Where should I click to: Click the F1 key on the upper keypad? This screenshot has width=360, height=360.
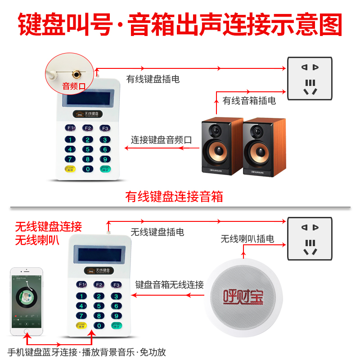[x=71, y=128]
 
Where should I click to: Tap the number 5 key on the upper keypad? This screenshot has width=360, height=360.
[x=87, y=149]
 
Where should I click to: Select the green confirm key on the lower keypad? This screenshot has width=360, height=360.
[x=116, y=326]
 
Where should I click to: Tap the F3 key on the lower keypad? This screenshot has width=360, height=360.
[x=116, y=285]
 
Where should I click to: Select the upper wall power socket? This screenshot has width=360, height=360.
[x=310, y=79]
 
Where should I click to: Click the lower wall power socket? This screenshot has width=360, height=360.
[x=310, y=238]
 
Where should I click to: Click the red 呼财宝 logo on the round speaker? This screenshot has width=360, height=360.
[x=243, y=296]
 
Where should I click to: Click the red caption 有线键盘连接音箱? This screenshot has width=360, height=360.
[x=174, y=197]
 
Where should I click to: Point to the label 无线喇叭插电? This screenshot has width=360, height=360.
[x=247, y=239]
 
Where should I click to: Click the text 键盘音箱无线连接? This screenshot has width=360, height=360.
[x=170, y=285]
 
